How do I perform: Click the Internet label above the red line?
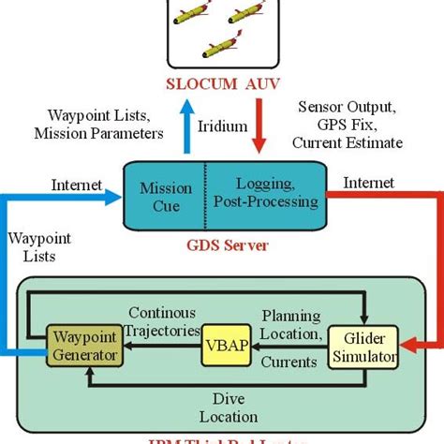[370, 184]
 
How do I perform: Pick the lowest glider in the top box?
[224, 44]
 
